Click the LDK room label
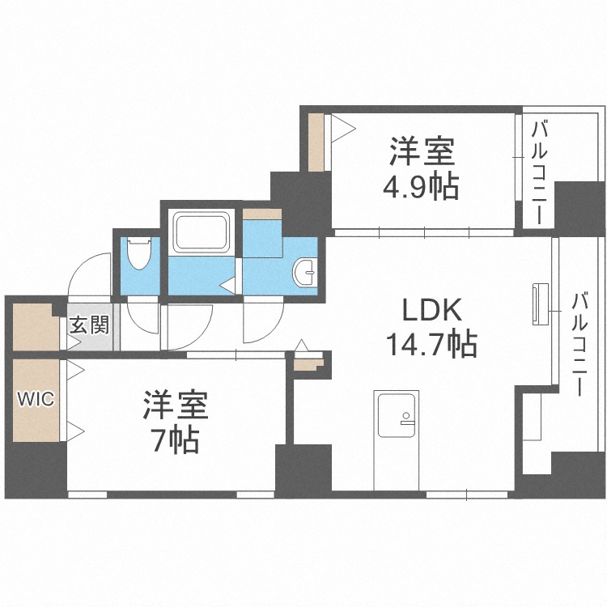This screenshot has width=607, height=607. (432, 310)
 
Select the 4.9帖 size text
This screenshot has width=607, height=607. (421, 187)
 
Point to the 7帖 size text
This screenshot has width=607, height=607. (178, 441)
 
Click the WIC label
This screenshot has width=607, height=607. (36, 400)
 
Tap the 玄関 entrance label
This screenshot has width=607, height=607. (88, 326)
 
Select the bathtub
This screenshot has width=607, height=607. (202, 233)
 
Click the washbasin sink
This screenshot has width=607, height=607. (305, 273)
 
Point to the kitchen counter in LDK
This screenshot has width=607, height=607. (397, 440)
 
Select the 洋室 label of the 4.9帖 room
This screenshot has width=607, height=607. (422, 152)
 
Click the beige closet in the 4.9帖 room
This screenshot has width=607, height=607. (317, 142)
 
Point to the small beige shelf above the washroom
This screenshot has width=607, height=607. (261, 214)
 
